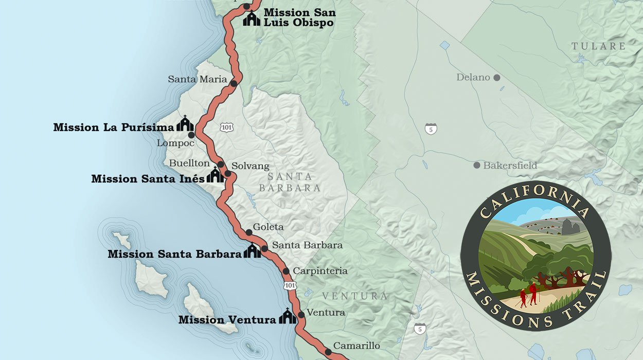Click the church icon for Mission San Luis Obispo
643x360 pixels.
pos(252,19)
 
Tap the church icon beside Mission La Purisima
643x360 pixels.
pos(185,124)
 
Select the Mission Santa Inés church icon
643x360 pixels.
pos(215,175)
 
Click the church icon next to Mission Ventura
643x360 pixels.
pos(287,316)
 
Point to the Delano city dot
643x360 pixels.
pos(497,78)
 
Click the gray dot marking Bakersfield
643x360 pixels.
pos(477,165)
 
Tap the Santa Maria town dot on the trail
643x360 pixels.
pos(234,83)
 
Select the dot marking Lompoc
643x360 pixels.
pos(191,135)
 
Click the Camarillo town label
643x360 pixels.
pos(356,346)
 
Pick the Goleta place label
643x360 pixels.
pos(268,227)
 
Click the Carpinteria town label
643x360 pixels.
pos(320,271)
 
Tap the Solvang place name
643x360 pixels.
pos(250,166)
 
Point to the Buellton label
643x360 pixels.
pos(189,163)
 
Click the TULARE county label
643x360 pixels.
pos(599,46)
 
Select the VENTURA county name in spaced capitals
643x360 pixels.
pos(355,296)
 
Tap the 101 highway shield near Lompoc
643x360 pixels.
pos(225,127)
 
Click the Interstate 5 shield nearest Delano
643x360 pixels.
pos(431,129)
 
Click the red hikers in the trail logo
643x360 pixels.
pos(528,295)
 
